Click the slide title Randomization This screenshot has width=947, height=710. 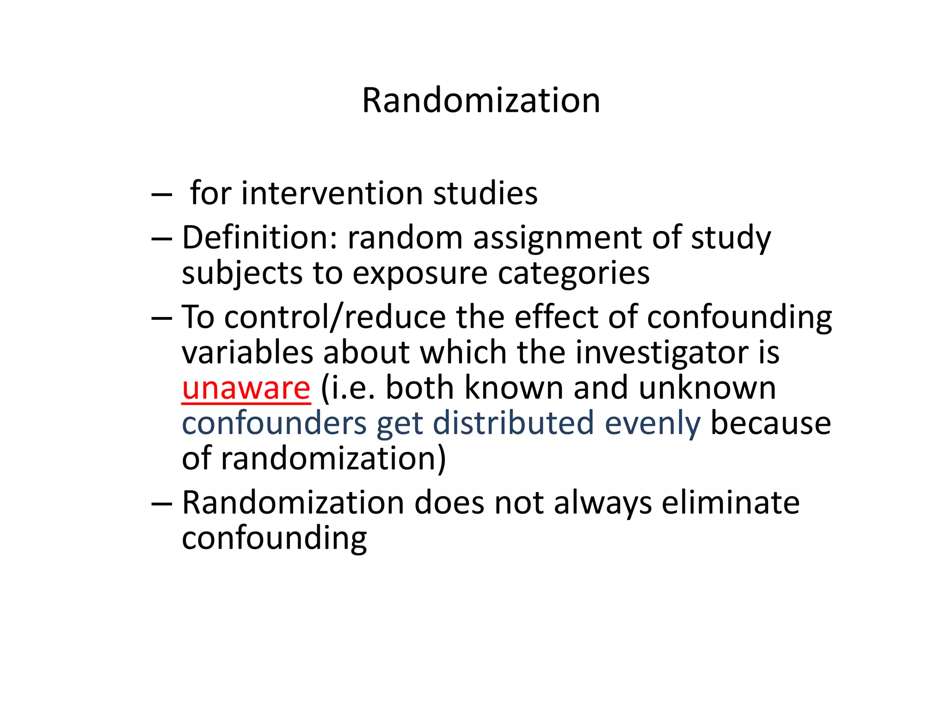click(481, 100)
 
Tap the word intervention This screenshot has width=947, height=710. click(332, 193)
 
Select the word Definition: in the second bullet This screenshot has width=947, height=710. click(259, 238)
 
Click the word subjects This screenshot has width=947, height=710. click(242, 273)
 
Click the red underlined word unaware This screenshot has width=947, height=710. click(246, 388)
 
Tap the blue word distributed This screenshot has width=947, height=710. click(513, 423)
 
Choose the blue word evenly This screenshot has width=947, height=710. click(652, 424)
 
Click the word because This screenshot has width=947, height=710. click(770, 423)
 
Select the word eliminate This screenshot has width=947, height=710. click(730, 502)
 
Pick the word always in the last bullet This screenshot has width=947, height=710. click(603, 503)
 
